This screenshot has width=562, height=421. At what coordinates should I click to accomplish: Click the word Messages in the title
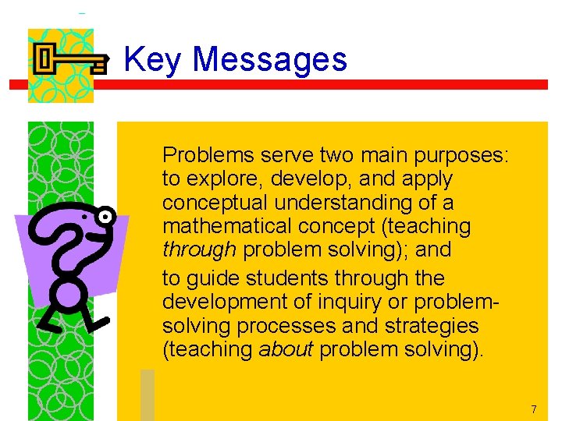(x=269, y=60)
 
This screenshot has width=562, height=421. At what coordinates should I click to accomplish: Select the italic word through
(x=199, y=251)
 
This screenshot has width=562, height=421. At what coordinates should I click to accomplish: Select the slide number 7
(x=533, y=409)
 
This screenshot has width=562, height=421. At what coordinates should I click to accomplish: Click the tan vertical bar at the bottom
(x=148, y=394)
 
